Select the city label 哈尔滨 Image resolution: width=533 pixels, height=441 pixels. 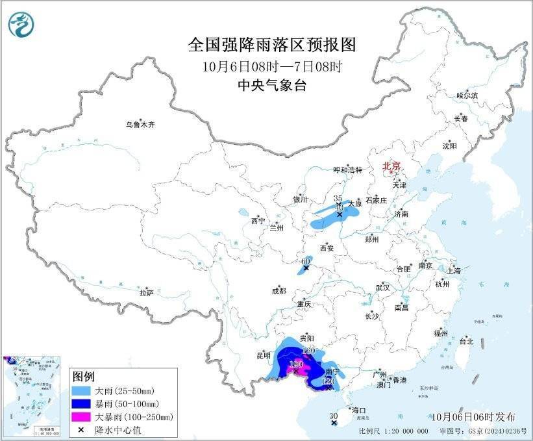coord(467,95)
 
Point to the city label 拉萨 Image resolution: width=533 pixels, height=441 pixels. coord(146,292)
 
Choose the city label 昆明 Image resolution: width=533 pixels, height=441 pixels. coord(264,355)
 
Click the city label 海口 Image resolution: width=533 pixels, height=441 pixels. coord(359,410)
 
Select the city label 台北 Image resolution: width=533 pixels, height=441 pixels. coord(466,341)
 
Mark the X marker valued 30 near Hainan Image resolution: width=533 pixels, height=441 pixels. coord(334,423)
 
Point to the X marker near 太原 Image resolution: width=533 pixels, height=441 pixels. coord(339,213)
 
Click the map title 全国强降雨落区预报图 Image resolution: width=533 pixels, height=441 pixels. coord(272,45)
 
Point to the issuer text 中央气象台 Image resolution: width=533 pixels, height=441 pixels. coord(272,85)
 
